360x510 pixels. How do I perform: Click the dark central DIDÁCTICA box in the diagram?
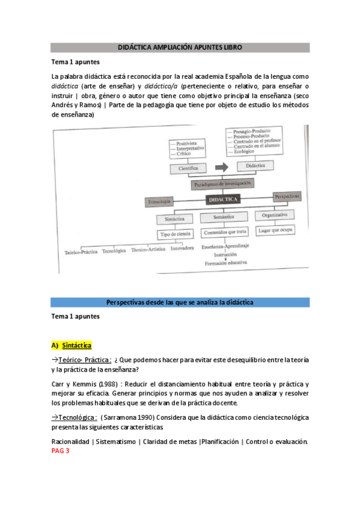click(222, 198)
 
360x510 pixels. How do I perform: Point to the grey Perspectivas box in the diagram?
click(287, 197)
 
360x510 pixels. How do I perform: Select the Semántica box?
click(222, 217)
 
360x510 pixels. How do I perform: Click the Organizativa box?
click(274, 215)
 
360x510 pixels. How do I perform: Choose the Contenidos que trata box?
click(222, 232)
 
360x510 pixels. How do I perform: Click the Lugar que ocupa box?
click(274, 230)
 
